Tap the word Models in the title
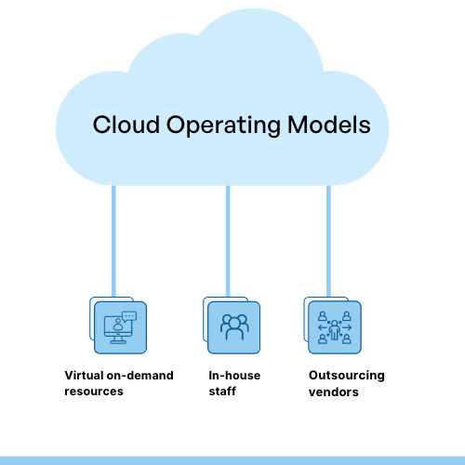tap(324, 126)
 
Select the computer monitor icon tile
tap(121, 327)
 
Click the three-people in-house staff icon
tap(233, 327)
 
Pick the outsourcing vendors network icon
tap(334, 327)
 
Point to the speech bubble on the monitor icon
tap(129, 316)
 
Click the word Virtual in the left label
tap(83, 376)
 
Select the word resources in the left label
tap(94, 392)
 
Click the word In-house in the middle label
tap(234, 376)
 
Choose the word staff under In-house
tap(223, 392)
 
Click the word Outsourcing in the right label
tap(346, 376)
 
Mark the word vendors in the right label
tap(334, 392)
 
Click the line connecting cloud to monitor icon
tap(113, 242)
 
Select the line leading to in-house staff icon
tap(220, 242)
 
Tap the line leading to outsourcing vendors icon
tap(328, 242)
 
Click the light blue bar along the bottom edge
tap(232, 460)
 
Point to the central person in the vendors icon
tap(334, 329)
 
